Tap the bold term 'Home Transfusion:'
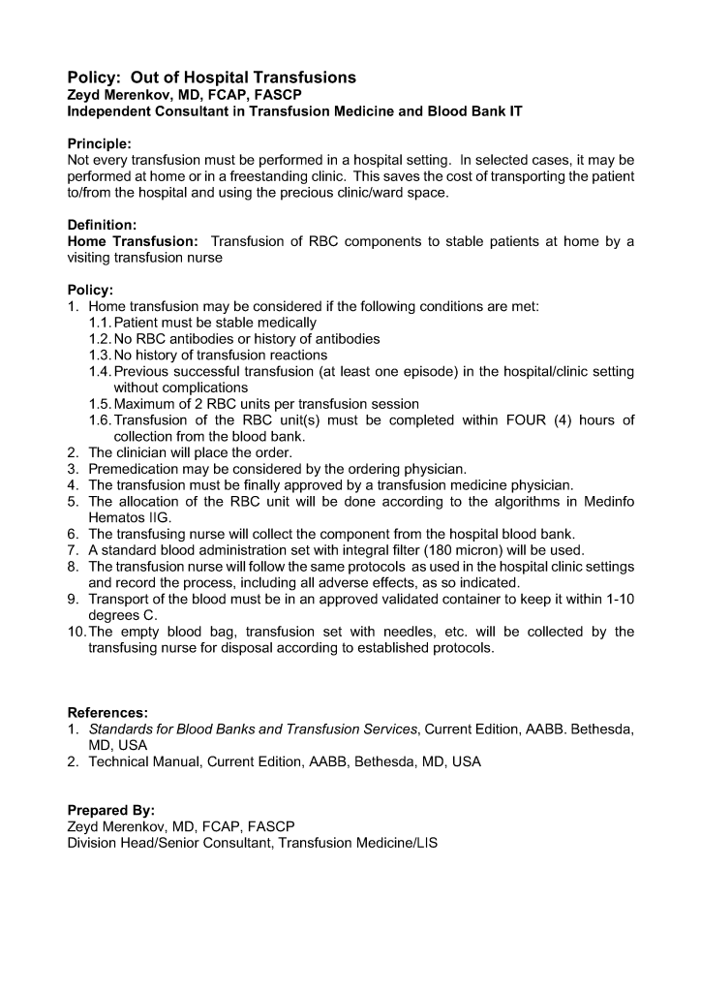(x=133, y=241)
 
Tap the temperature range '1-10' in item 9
(x=617, y=599)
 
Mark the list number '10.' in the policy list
(x=76, y=632)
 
